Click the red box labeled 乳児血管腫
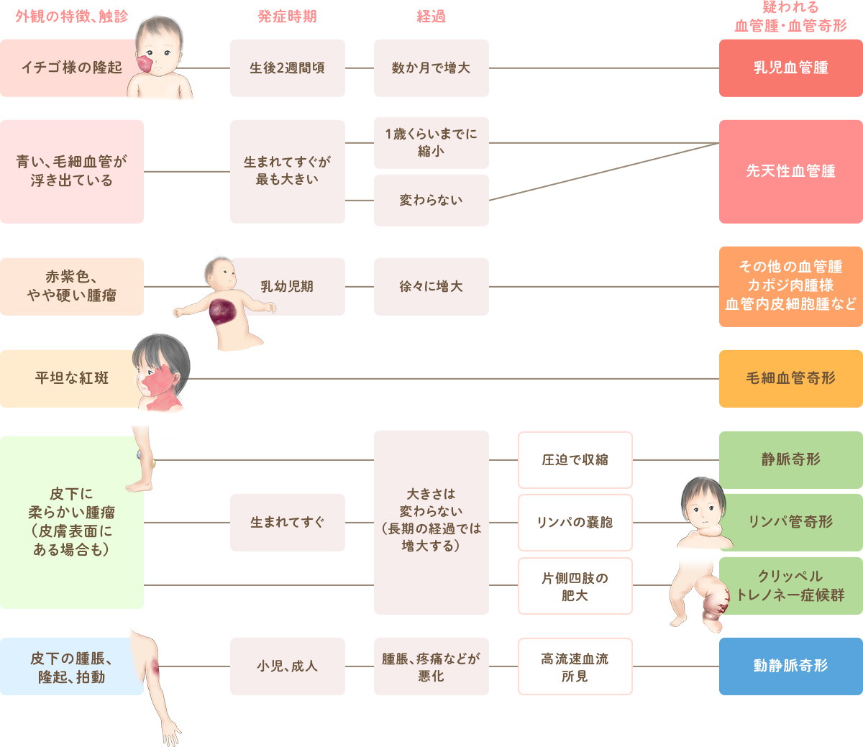coord(790,68)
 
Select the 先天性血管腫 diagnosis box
coord(790,171)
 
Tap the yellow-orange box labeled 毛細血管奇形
coord(790,378)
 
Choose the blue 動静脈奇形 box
coord(790,666)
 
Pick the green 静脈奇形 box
coord(790,459)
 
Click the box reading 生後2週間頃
coord(287,68)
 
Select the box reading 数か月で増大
coord(431,68)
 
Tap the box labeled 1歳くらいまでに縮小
coord(431,142)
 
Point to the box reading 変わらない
coord(431,200)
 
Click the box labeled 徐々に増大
coord(431,286)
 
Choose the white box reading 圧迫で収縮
coord(575,459)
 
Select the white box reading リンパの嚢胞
coord(575,522)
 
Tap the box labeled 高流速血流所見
coord(575,666)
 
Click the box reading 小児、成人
coord(287,666)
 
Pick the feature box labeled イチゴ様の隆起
coord(68,68)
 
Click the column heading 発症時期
coord(287,17)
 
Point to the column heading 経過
coord(431,17)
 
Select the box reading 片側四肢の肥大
coord(575,586)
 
